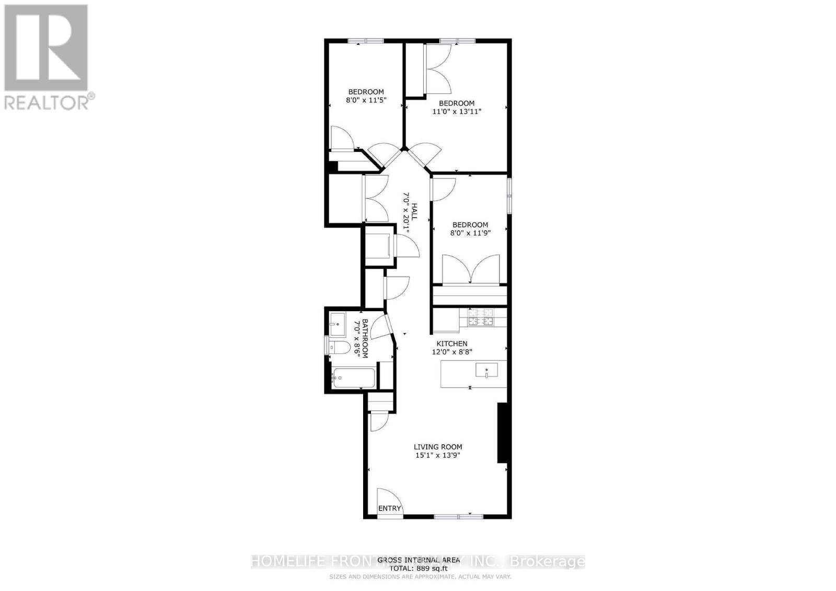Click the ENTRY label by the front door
390,508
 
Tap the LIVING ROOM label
438,447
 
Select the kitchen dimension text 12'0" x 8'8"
452,352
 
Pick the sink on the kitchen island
486,371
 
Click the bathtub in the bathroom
354,378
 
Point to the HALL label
414,211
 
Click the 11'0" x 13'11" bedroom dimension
456,111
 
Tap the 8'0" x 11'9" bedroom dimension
470,233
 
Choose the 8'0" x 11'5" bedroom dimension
366,100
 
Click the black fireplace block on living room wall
502,433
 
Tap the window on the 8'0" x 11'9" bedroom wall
509,196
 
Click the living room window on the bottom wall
459,516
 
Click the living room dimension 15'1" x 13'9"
438,455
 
